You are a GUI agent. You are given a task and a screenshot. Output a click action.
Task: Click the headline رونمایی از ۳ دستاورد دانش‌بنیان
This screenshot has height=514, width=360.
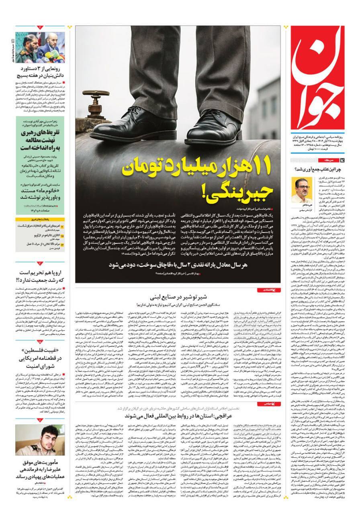[x=40, y=72]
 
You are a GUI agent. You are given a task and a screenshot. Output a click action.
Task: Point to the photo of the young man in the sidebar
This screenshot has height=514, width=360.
[x=40, y=440]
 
